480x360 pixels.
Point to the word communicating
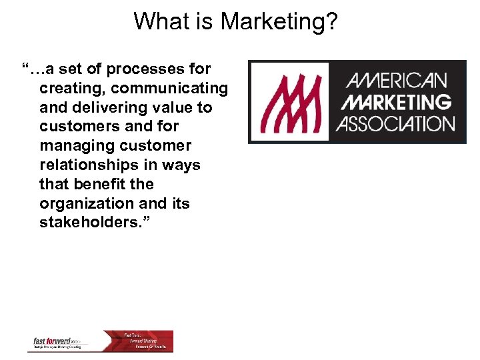pos(171,88)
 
